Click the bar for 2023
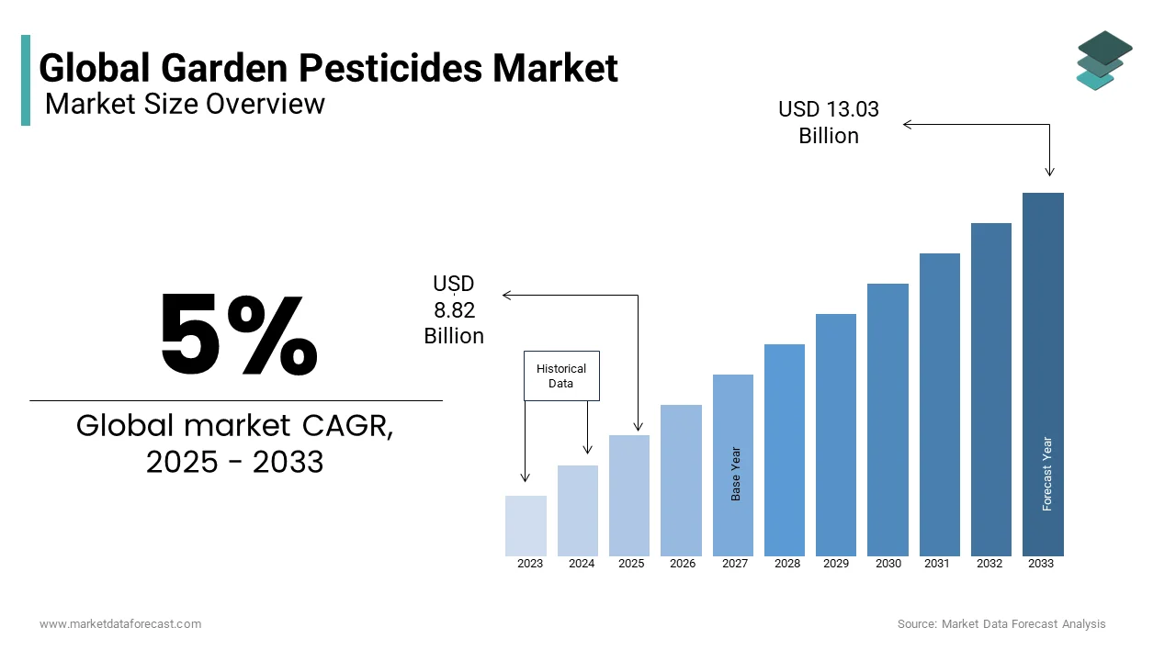pyautogui.click(x=526, y=526)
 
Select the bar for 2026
pyautogui.click(x=681, y=480)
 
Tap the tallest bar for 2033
pyautogui.click(x=1043, y=375)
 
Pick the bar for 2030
pyautogui.click(x=888, y=420)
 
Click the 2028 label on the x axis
pyautogui.click(x=787, y=564)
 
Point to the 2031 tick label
pyautogui.click(x=937, y=564)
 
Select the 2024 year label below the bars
pyautogui.click(x=582, y=564)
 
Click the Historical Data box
pyautogui.click(x=561, y=375)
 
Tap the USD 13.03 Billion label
pyautogui.click(x=829, y=122)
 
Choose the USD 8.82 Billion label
pyautogui.click(x=454, y=310)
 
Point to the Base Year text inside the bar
pyautogui.click(x=736, y=474)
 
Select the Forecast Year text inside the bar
pyautogui.click(x=1047, y=474)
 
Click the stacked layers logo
pyautogui.click(x=1103, y=60)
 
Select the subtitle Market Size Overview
pyautogui.click(x=185, y=104)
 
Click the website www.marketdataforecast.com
pyautogui.click(x=120, y=624)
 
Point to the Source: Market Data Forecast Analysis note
pyautogui.click(x=1001, y=624)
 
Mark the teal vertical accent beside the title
pyautogui.click(x=26, y=81)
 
